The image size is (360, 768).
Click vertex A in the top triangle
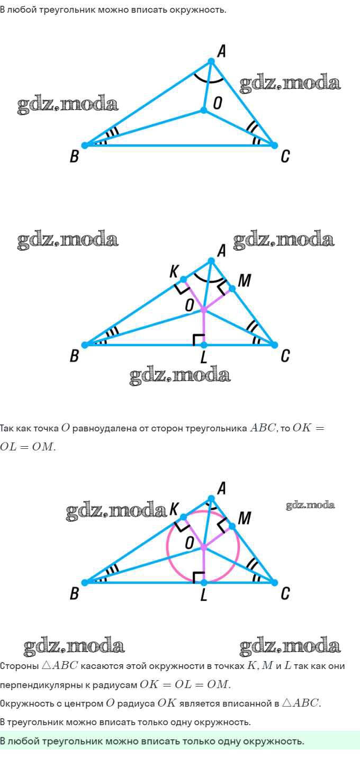pos(211,62)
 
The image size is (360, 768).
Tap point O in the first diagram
pos(204,110)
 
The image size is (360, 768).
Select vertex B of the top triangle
pos(85,145)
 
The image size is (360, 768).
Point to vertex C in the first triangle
pos(274,144)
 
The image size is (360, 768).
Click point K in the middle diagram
pos(183,279)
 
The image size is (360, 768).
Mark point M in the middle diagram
pos(231,289)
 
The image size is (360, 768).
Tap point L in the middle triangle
pos(204,345)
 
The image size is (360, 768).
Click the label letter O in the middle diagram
pos(190,305)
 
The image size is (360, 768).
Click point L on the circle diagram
pos(204,582)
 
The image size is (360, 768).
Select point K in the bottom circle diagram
pos(183,517)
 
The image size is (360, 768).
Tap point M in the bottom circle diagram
pos(231,527)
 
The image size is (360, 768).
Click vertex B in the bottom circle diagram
pos(85,582)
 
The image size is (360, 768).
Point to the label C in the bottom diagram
pos(285,594)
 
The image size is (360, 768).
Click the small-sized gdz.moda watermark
pos(310,505)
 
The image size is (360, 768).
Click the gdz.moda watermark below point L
pos(180,375)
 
